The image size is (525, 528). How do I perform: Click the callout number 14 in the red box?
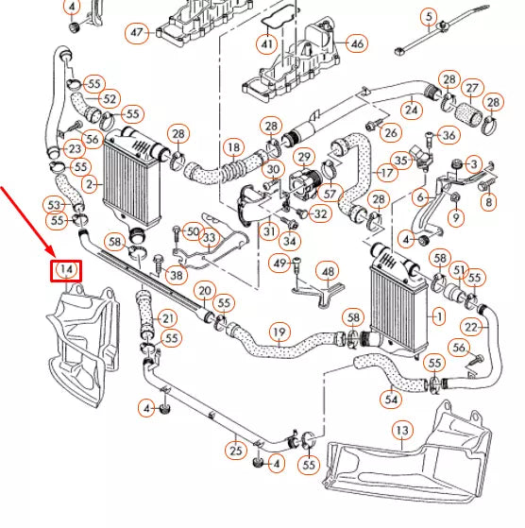[65, 269]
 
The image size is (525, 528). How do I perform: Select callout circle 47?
[139, 33]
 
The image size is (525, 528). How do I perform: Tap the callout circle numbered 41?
[267, 44]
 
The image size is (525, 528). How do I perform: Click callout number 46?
[356, 43]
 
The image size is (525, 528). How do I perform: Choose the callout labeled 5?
[429, 17]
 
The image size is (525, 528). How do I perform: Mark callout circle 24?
[410, 111]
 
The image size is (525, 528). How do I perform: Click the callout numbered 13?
[403, 432]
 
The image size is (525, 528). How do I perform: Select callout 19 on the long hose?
[279, 332]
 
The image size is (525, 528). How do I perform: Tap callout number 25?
[235, 451]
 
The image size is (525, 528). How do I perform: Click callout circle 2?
[88, 182]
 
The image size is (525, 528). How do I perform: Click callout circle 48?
[328, 272]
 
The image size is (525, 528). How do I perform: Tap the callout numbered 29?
[304, 156]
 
